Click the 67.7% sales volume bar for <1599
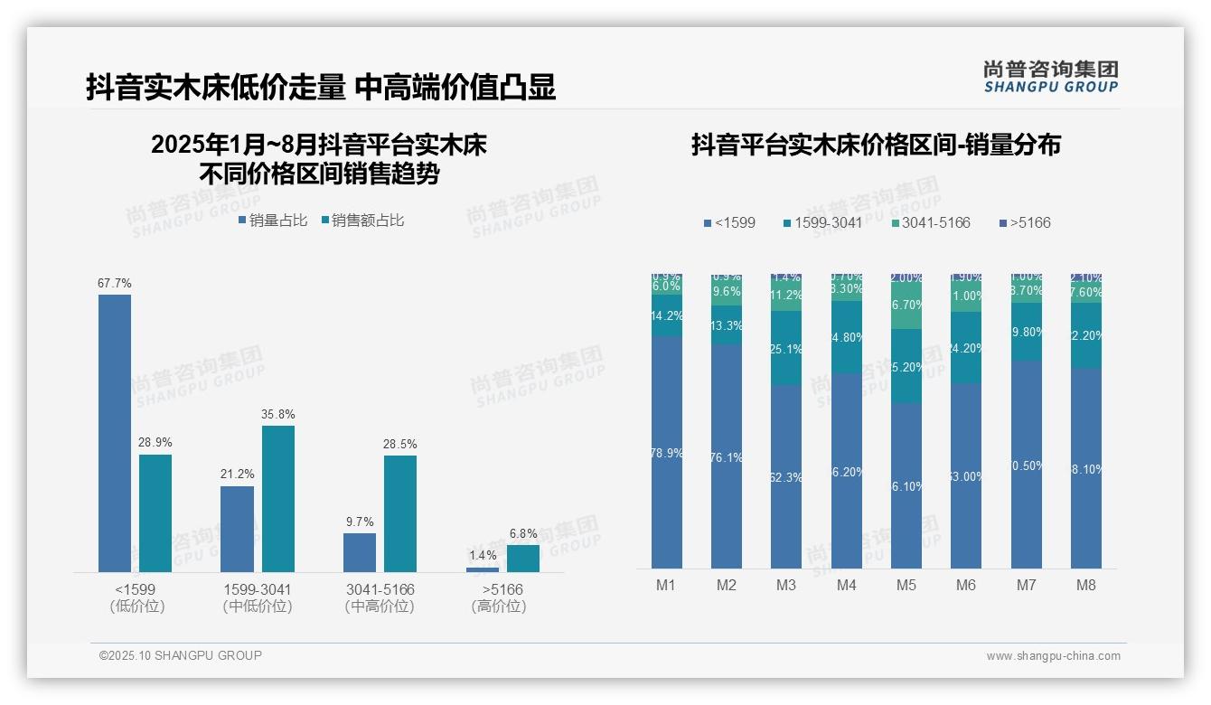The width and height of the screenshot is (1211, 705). tap(115, 433)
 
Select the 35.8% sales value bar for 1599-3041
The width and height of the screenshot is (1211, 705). tap(278, 498)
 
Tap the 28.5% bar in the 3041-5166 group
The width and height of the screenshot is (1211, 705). tap(400, 513)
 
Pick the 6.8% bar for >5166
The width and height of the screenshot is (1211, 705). tap(523, 558)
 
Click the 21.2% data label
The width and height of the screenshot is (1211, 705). tap(237, 474)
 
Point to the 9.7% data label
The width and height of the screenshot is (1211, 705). tap(359, 522)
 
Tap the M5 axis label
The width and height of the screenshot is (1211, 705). tap(906, 585)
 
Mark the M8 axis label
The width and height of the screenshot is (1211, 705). tap(1085, 585)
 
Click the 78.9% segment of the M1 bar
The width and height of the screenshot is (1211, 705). tap(667, 452)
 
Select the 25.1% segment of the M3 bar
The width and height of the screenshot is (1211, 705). tap(786, 348)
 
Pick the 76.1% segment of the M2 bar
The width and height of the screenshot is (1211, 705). tap(727, 456)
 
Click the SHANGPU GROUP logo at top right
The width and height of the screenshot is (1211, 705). tap(1051, 77)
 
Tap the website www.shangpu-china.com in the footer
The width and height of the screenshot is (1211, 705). tap(1053, 656)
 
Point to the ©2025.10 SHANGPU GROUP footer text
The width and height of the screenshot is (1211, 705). tap(181, 655)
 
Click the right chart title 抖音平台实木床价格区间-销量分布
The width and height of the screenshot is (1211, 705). tap(876, 145)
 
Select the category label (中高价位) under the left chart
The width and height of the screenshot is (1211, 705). tap(380, 606)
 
